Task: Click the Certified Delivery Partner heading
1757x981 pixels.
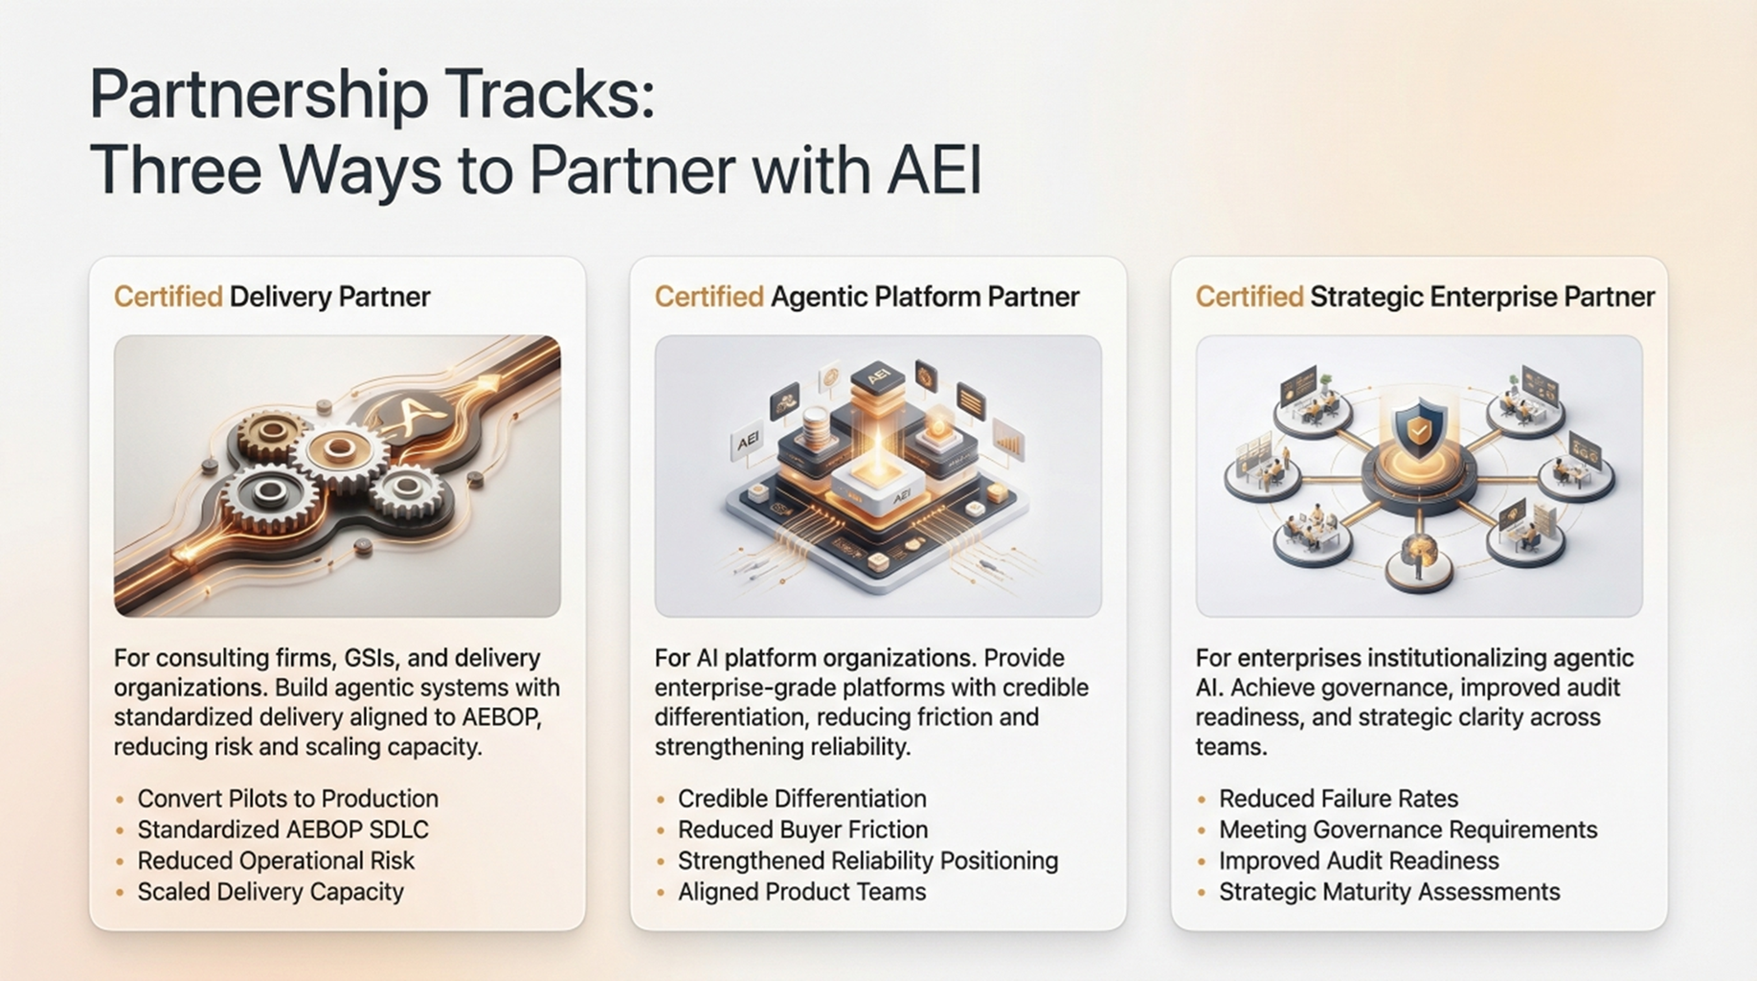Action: [272, 297]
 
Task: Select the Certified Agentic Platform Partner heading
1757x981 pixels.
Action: [867, 297]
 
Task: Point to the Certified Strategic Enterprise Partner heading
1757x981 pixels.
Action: [1425, 297]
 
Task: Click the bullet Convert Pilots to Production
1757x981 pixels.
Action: [287, 799]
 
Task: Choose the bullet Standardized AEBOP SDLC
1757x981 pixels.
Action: [282, 830]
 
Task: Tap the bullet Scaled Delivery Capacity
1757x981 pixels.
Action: [270, 892]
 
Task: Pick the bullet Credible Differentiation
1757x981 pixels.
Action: [801, 799]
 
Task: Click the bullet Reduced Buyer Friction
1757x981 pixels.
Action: [802, 830]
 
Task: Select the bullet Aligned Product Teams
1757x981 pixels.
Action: [801, 892]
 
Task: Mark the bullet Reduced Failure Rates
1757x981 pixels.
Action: [1338, 799]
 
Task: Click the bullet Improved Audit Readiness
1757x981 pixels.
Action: [1359, 860]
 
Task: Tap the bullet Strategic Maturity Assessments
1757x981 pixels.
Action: [1389, 892]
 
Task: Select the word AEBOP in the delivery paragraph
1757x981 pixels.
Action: [501, 718]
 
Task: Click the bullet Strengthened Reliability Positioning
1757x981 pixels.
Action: [867, 861]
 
